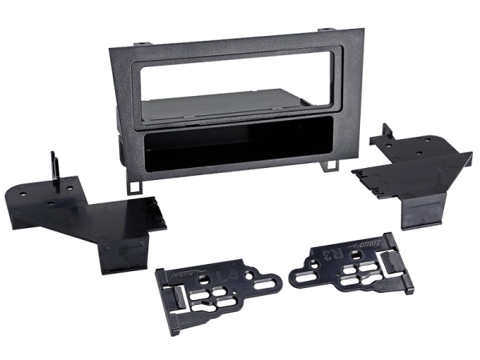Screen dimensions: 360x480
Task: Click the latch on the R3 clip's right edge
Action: tap(403, 252)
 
